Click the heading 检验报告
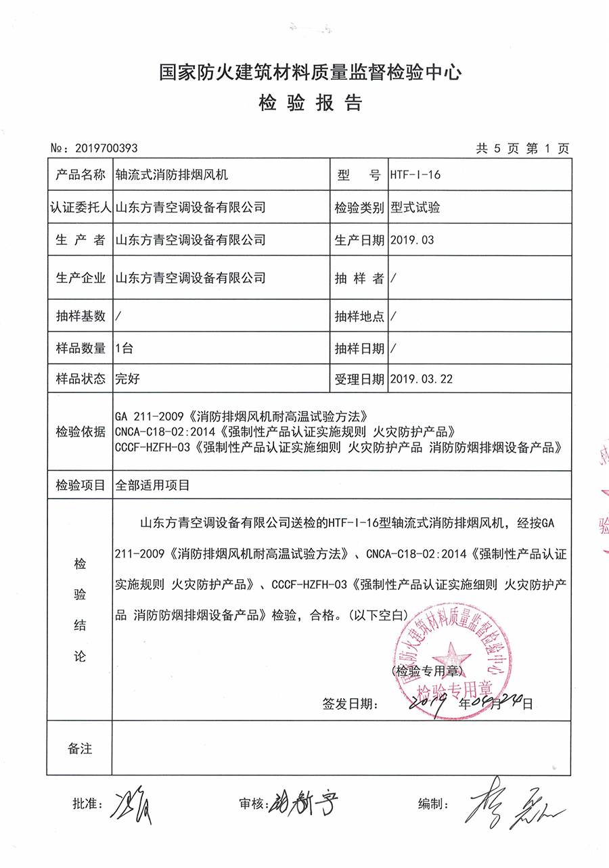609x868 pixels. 311,103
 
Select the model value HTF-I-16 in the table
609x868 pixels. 415,175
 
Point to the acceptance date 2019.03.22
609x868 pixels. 422,379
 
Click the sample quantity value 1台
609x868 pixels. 125,348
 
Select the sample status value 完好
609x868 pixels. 128,379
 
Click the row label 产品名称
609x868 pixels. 81,175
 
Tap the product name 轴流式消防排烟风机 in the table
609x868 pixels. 172,175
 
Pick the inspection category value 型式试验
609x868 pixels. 415,208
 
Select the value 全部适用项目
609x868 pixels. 153,484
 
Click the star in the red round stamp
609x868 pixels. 447,654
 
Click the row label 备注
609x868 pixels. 80,748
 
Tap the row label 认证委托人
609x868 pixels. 81,208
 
